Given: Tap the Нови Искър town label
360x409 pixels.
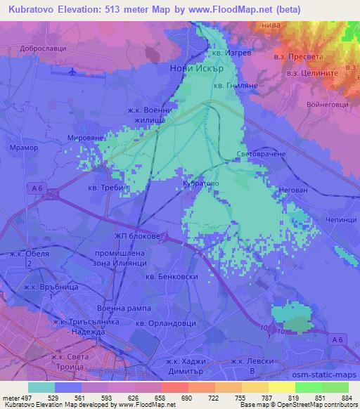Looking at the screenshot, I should pyautogui.click(x=197, y=69).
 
